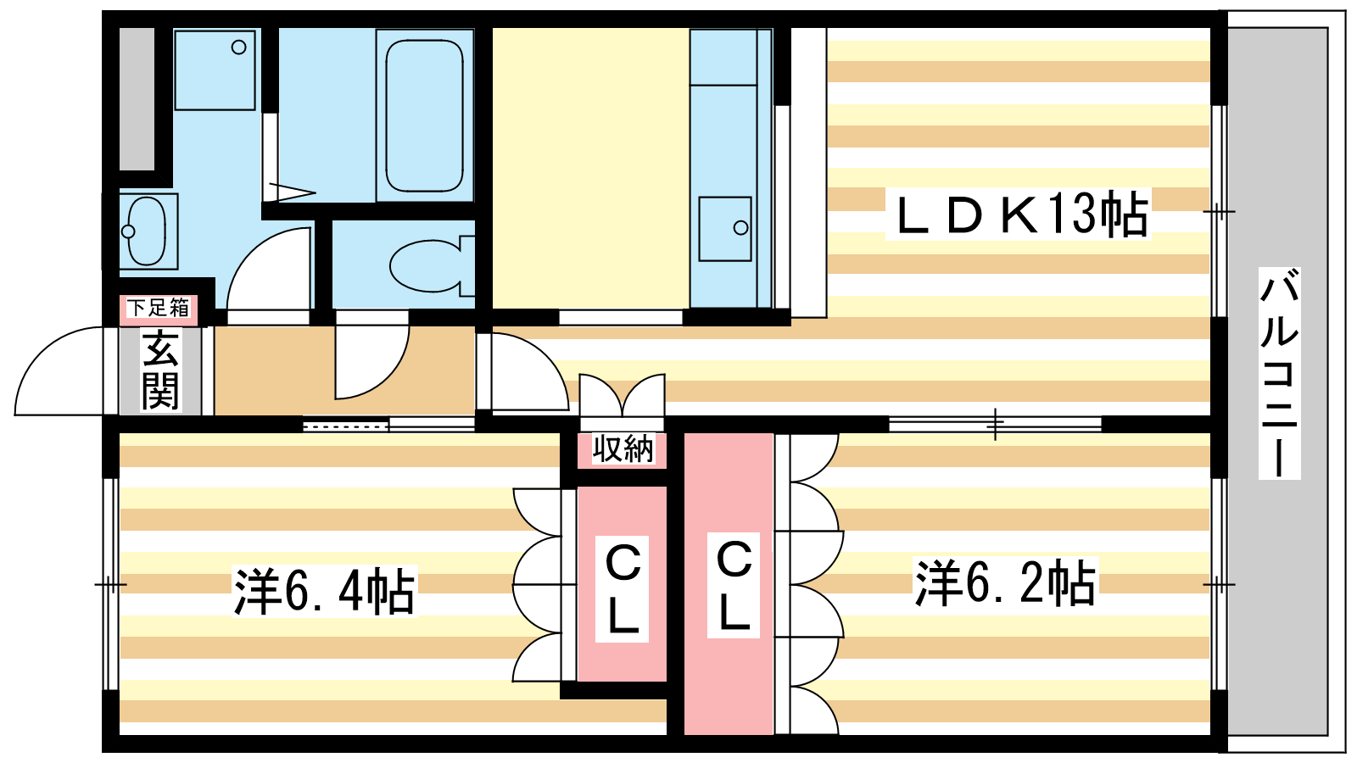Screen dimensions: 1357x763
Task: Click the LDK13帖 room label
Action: pos(1019,214)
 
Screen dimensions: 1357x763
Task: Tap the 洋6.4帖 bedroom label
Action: pos(325,590)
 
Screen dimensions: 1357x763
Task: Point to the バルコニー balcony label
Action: pos(1280,373)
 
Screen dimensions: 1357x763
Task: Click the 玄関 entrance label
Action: pos(160,370)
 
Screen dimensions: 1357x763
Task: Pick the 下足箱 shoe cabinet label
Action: pos(158,308)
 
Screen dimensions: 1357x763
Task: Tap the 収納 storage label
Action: pos(623,449)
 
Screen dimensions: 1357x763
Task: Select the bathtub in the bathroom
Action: pos(424,115)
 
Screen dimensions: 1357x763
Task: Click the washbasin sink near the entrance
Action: pos(147,231)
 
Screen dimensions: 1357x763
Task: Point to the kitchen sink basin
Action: pos(724,229)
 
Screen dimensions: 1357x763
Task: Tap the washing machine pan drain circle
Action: pos(238,47)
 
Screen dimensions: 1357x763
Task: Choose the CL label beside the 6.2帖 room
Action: pos(734,586)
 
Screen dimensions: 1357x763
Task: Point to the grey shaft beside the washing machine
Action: pos(137,99)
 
